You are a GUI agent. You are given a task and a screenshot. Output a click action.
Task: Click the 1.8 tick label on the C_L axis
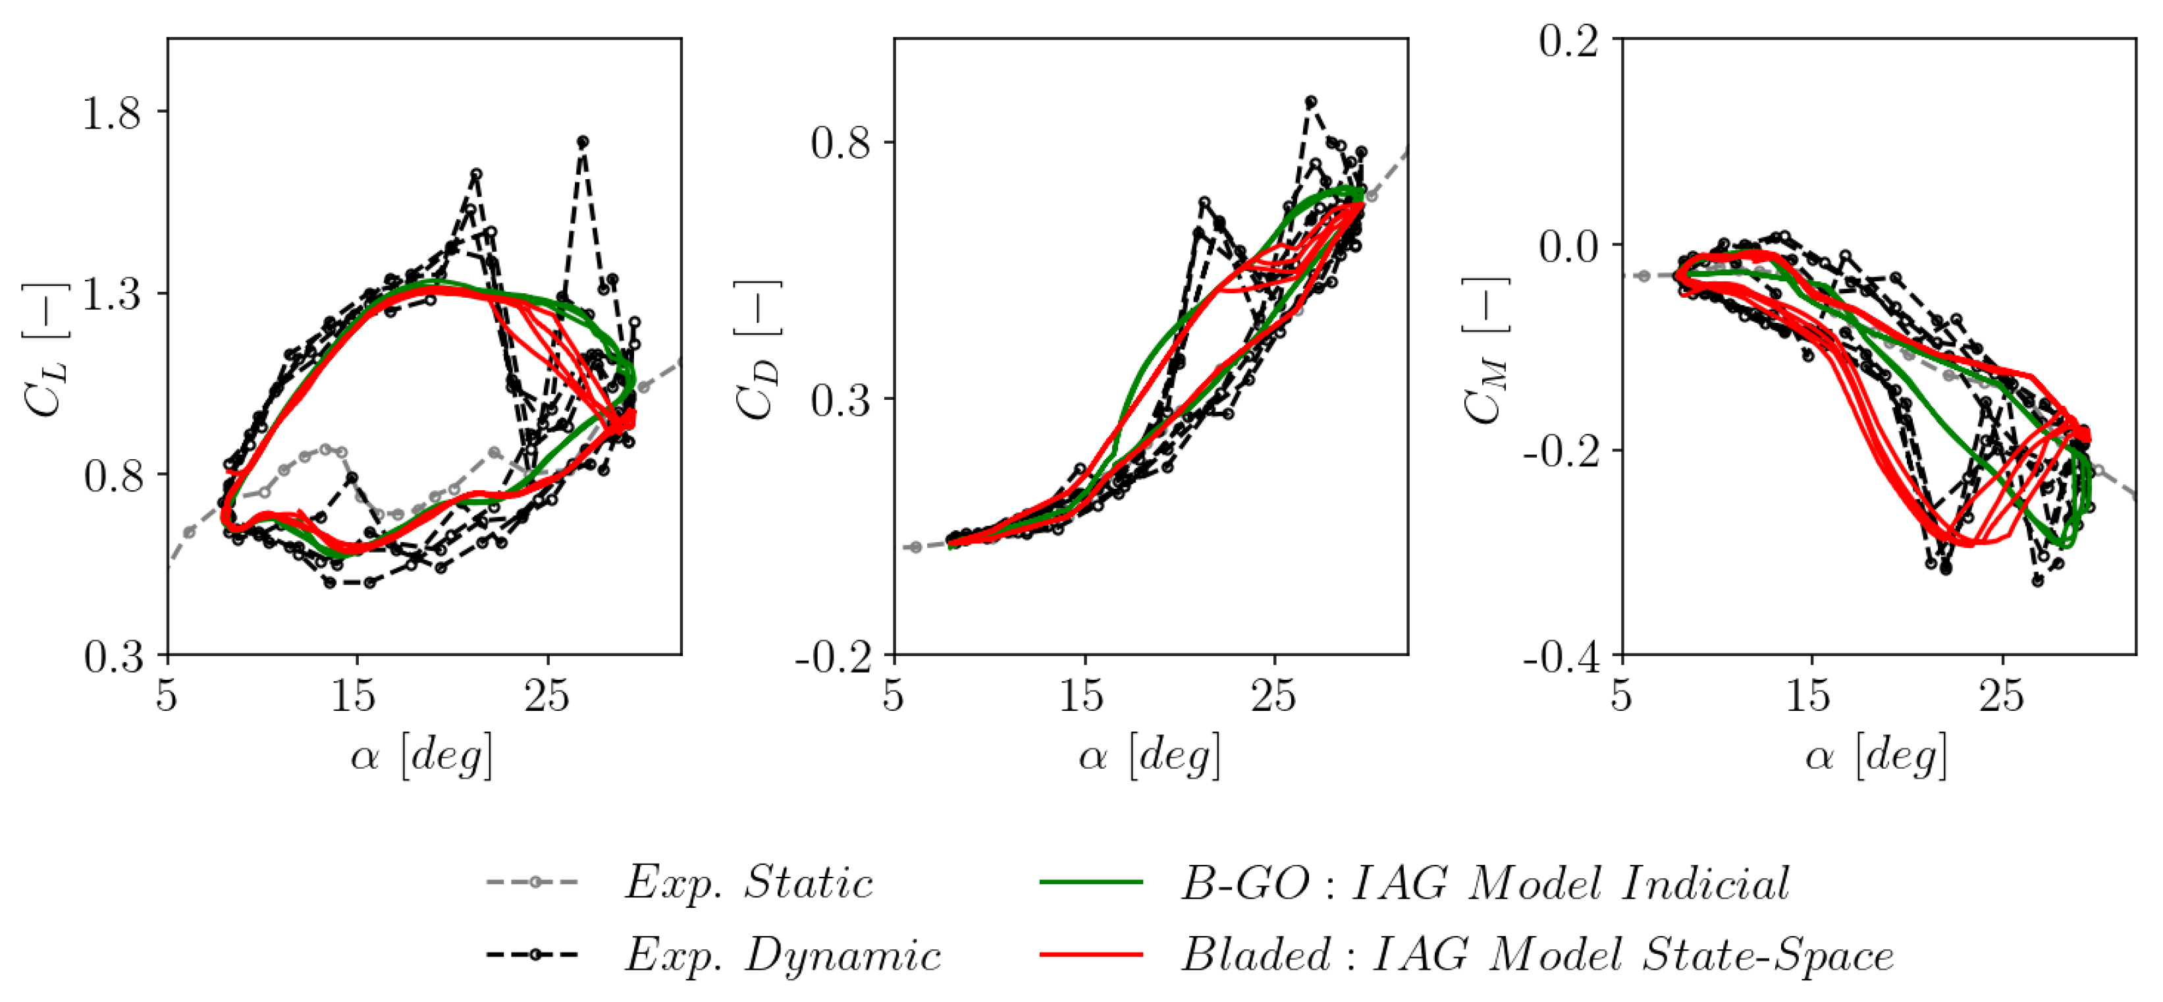(x=111, y=113)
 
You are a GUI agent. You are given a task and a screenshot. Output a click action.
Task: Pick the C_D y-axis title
(x=759, y=349)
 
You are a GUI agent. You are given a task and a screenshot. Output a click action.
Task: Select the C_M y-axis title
(x=1485, y=349)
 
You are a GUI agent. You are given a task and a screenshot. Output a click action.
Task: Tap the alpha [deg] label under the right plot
(x=1876, y=755)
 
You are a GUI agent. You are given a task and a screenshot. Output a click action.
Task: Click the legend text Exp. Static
(x=748, y=883)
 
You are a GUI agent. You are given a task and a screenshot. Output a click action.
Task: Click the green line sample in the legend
(x=1091, y=883)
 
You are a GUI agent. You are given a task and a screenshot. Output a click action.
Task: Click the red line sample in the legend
(x=1091, y=955)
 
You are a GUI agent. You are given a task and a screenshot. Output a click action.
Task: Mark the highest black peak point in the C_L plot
(x=583, y=142)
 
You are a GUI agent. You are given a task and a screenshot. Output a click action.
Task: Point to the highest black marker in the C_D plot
(x=1310, y=101)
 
